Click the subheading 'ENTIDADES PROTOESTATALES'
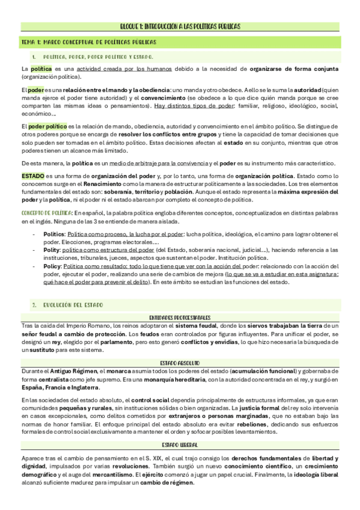[x=180, y=317]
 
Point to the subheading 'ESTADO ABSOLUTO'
[x=180, y=364]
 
